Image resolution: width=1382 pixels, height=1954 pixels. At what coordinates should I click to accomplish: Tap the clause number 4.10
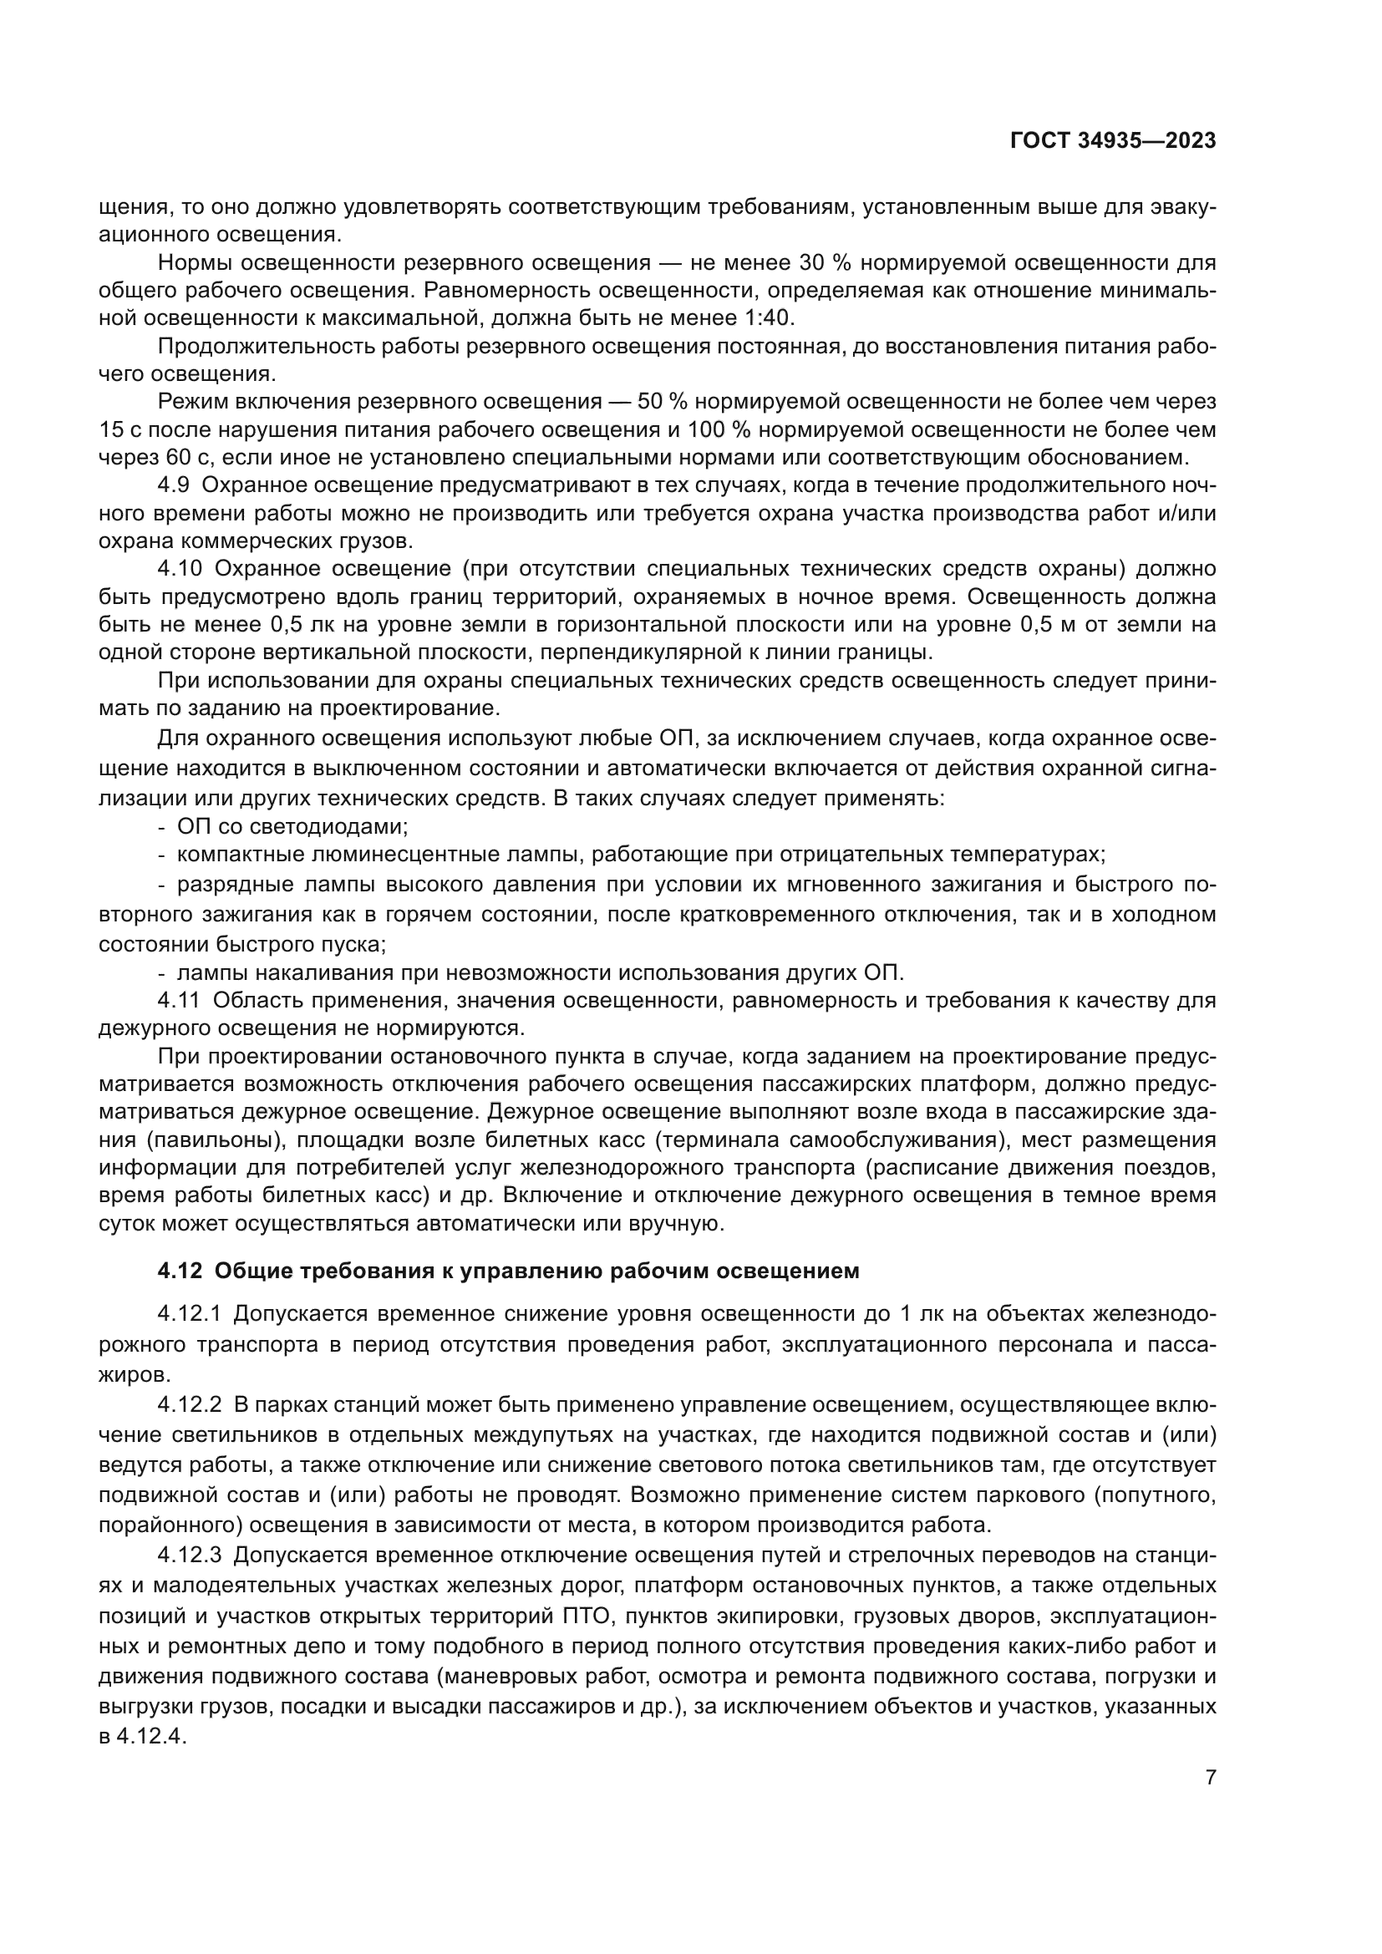point(183,569)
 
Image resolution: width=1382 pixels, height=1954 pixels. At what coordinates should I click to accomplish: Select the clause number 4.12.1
point(189,1314)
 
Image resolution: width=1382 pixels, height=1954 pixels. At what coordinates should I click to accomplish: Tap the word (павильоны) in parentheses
point(189,1139)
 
